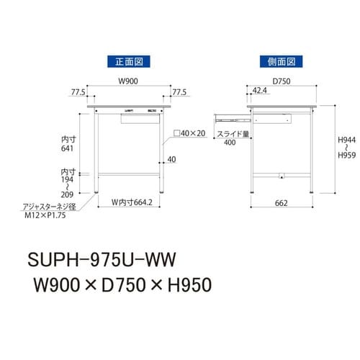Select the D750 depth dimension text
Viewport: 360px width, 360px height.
pyautogui.click(x=281, y=81)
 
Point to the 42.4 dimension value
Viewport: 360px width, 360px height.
pyautogui.click(x=261, y=91)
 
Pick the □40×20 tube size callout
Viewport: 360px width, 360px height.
pyautogui.click(x=189, y=134)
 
